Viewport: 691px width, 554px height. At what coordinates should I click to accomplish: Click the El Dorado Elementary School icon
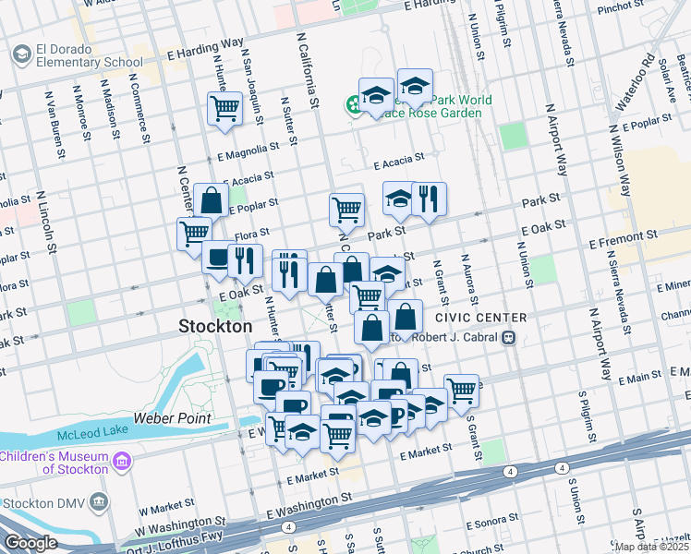pyautogui.click(x=20, y=55)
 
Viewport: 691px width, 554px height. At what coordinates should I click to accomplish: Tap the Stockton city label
pyautogui.click(x=214, y=327)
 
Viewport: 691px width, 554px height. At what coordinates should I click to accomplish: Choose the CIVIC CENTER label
pyautogui.click(x=480, y=318)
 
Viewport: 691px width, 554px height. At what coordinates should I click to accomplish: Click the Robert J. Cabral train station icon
pyautogui.click(x=508, y=338)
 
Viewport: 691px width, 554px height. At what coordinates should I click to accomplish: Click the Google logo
pyautogui.click(x=30, y=543)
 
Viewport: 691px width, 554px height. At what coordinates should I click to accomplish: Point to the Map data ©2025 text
pyautogui.click(x=651, y=547)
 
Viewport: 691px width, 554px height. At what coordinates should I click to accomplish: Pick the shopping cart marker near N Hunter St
pyautogui.click(x=224, y=109)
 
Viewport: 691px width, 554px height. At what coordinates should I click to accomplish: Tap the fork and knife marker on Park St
pyautogui.click(x=429, y=199)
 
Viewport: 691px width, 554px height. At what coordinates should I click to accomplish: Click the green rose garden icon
pyautogui.click(x=353, y=106)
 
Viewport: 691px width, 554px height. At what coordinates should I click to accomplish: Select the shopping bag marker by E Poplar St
pyautogui.click(x=211, y=199)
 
